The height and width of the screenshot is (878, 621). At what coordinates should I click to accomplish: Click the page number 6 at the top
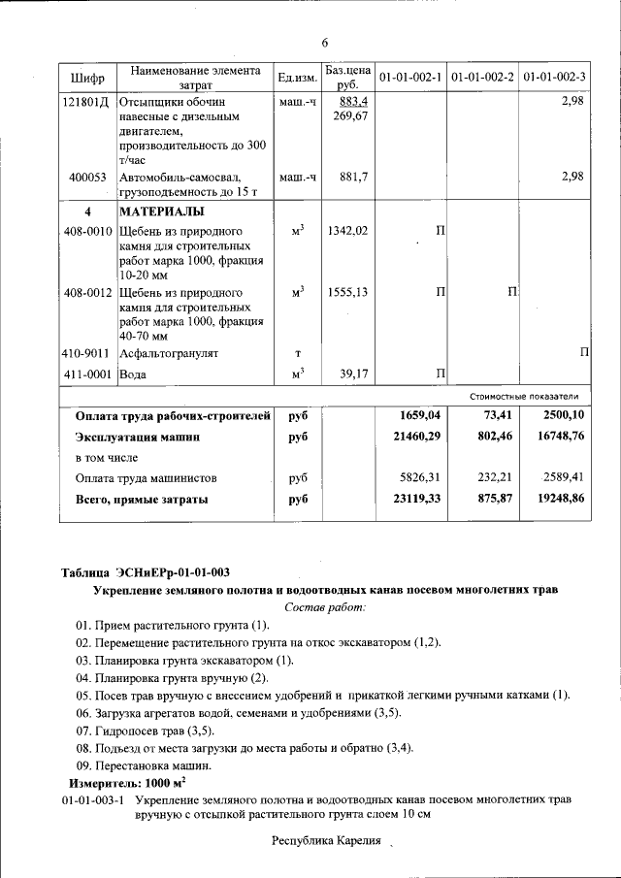pyautogui.click(x=326, y=42)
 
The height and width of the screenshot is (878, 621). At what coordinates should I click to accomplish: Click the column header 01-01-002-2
pyautogui.click(x=482, y=77)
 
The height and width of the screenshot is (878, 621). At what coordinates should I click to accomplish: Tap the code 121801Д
pyautogui.click(x=85, y=101)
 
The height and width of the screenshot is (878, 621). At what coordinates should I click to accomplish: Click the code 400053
pyautogui.click(x=88, y=177)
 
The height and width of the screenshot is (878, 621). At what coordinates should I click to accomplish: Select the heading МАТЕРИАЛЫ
pyautogui.click(x=161, y=211)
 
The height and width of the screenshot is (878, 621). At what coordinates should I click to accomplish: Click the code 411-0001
pyautogui.click(x=87, y=374)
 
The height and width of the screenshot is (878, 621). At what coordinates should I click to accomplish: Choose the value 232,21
pyautogui.click(x=494, y=478)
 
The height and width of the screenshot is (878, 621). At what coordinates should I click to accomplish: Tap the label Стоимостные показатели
pyautogui.click(x=524, y=396)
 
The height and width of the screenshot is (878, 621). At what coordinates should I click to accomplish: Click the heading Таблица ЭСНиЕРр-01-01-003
pyautogui.click(x=145, y=571)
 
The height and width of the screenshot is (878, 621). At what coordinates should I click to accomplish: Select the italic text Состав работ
pyautogui.click(x=326, y=606)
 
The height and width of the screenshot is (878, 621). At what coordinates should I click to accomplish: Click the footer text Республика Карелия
pyautogui.click(x=326, y=840)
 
